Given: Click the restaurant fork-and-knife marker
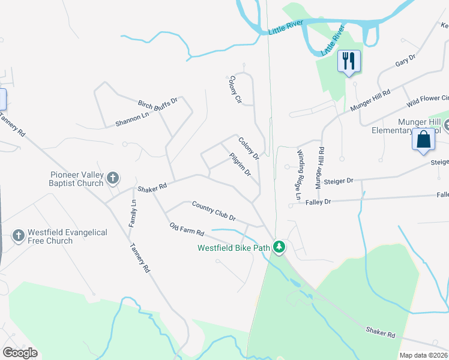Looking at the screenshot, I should pyautogui.click(x=349, y=61).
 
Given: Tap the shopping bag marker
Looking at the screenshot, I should pyautogui.click(x=424, y=139).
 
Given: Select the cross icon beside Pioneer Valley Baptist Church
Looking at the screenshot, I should pyautogui.click(x=112, y=178).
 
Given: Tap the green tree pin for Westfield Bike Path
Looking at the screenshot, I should pyautogui.click(x=279, y=247).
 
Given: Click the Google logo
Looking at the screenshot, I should pyautogui.click(x=20, y=353).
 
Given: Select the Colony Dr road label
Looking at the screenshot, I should pyautogui.click(x=248, y=148).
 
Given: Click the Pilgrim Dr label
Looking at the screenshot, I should pyautogui.click(x=240, y=164).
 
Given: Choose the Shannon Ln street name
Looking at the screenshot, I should pyautogui.click(x=132, y=120).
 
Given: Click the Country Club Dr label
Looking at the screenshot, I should pyautogui.click(x=214, y=211).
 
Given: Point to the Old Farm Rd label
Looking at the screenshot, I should pyautogui.click(x=187, y=229).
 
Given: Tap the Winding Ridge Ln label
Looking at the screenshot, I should pyautogui.click(x=300, y=174).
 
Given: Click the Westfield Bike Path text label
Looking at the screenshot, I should pyautogui.click(x=235, y=247).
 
